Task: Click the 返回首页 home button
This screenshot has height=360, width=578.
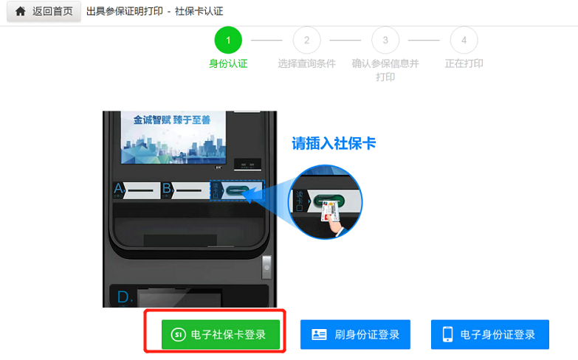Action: click(x=44, y=11)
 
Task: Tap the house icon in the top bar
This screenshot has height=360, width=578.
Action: click(x=20, y=11)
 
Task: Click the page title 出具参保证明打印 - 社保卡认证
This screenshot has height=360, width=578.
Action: click(x=155, y=11)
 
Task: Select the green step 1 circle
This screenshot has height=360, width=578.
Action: click(x=228, y=40)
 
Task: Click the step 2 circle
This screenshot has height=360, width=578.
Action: click(x=306, y=40)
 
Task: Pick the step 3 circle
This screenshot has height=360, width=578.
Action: click(x=385, y=40)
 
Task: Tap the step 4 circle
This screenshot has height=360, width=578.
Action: click(x=464, y=40)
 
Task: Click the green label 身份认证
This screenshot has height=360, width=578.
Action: click(x=228, y=63)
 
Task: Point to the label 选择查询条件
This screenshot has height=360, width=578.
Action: click(x=306, y=63)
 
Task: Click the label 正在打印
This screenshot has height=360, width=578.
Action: click(x=464, y=63)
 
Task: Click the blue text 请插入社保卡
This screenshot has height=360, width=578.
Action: click(x=334, y=143)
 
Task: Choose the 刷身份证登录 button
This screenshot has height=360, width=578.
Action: click(x=355, y=335)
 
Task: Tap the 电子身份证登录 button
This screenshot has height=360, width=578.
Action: click(x=490, y=335)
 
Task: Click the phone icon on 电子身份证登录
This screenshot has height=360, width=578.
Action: click(x=447, y=334)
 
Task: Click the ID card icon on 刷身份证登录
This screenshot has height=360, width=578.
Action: click(x=319, y=334)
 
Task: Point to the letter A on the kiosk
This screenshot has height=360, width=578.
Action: click(x=118, y=189)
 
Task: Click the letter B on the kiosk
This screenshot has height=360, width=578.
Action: click(x=167, y=189)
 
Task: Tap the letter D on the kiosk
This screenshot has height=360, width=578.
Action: click(x=123, y=297)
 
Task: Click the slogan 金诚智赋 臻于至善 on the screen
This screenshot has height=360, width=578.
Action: click(x=172, y=120)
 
